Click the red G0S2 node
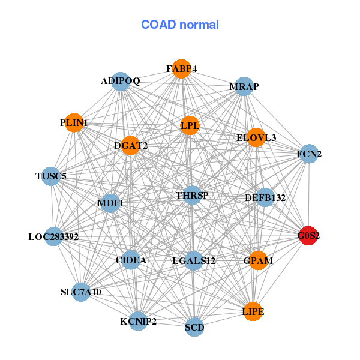(x=308, y=236)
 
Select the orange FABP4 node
(x=181, y=69)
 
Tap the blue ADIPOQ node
(x=121, y=82)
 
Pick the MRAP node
(x=244, y=86)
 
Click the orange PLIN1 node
(x=74, y=122)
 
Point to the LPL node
(x=190, y=125)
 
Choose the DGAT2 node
(x=130, y=146)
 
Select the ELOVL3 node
(x=256, y=137)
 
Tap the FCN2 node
(x=309, y=154)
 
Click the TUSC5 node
(x=51, y=176)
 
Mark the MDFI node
(x=110, y=203)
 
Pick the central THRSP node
(x=193, y=195)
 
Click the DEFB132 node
(x=265, y=197)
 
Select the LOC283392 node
(x=53, y=236)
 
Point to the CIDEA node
(x=131, y=260)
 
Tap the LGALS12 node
(x=194, y=261)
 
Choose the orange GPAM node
(x=258, y=260)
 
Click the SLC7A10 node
(x=81, y=292)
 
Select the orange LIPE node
(x=253, y=311)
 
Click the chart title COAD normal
(x=180, y=25)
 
